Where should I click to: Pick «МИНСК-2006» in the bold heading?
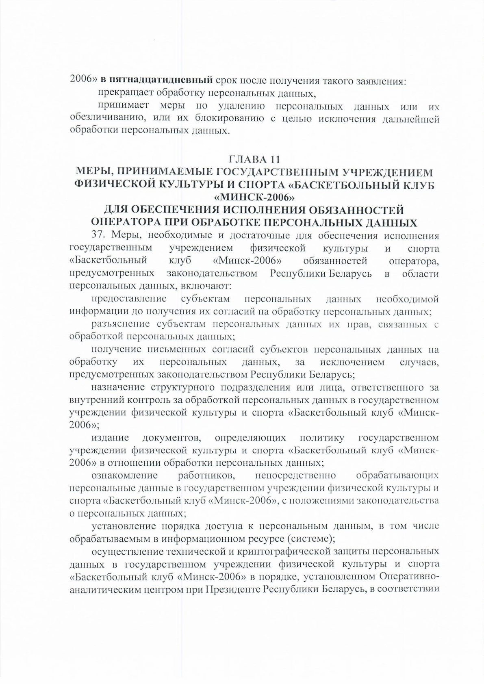254,198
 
